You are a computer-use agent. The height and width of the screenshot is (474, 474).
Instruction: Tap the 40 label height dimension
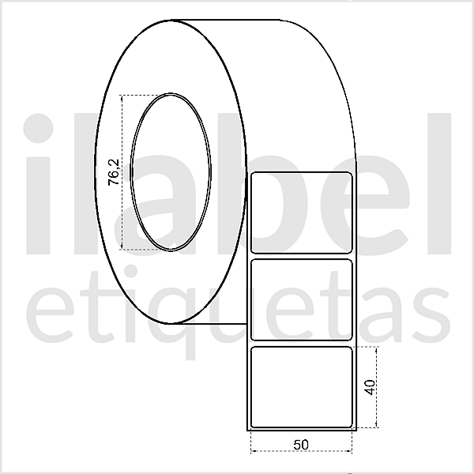point(369,387)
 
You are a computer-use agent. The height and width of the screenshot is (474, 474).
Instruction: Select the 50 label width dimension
point(300,444)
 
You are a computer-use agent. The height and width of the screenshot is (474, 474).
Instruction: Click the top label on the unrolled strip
point(301,212)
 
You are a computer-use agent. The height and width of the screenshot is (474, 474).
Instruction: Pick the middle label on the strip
point(301,299)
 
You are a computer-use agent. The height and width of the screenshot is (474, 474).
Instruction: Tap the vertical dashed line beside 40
point(378,387)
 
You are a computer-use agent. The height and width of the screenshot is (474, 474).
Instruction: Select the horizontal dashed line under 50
point(300,453)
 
